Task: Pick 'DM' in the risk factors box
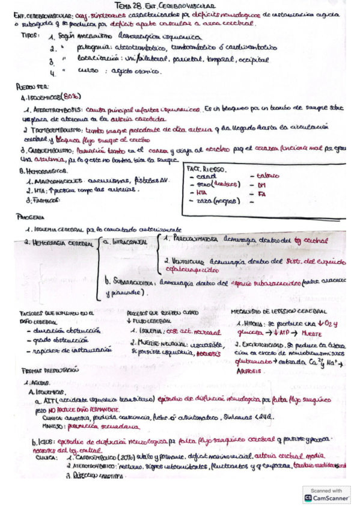tap(263, 186)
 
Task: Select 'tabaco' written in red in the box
tap(268, 176)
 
